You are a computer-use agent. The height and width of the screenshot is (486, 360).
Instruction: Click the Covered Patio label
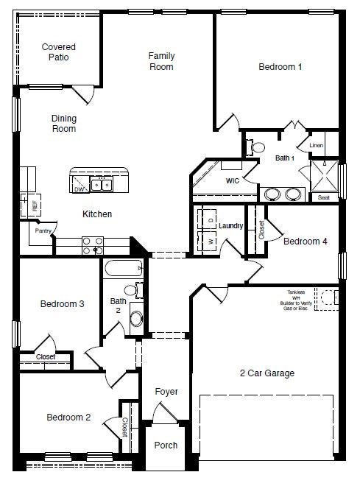pyautogui.click(x=58, y=52)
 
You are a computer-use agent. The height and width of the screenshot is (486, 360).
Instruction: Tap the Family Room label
pyautogui.click(x=161, y=61)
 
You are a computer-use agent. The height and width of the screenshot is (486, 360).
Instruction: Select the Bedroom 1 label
pyautogui.click(x=280, y=67)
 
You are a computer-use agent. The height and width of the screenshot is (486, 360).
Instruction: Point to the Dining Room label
pyautogui.click(x=63, y=124)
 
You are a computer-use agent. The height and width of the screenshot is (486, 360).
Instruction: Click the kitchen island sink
pyautogui.click(x=101, y=185)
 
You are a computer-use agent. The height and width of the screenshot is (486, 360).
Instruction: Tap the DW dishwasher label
pyautogui.click(x=79, y=189)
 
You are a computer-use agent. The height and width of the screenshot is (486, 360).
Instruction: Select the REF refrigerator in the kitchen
pyautogui.click(x=34, y=205)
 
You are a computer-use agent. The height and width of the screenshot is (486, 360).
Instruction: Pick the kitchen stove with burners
pyautogui.click(x=93, y=245)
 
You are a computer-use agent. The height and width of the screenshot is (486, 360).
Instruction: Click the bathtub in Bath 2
pyautogui.click(x=122, y=268)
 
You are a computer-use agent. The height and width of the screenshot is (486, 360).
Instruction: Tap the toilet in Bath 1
pyautogui.click(x=257, y=147)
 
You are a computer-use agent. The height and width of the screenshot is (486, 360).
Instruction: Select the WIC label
pyautogui.click(x=232, y=180)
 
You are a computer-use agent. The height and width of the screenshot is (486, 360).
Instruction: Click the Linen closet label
pyautogui.click(x=317, y=146)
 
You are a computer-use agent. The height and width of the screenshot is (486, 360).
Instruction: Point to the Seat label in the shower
pyautogui.click(x=323, y=197)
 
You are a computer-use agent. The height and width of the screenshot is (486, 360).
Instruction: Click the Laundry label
pyautogui.click(x=230, y=225)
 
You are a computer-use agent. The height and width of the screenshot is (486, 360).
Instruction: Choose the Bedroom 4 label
pyautogui.click(x=305, y=242)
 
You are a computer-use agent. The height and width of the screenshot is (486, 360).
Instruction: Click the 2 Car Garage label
pyautogui.click(x=267, y=373)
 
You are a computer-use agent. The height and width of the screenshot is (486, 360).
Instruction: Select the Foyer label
pyautogui.click(x=166, y=392)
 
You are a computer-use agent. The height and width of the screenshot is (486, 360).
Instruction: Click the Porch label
pyautogui.click(x=166, y=446)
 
